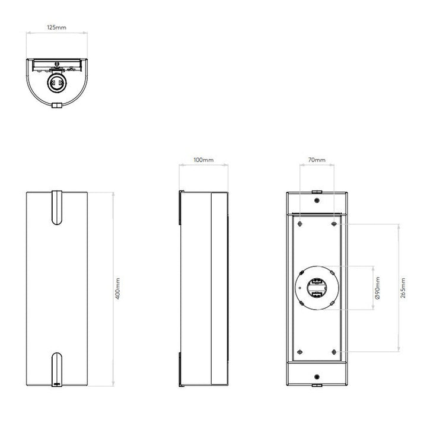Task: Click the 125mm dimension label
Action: (57, 27)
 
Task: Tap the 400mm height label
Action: (117, 288)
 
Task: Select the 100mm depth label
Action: (203, 160)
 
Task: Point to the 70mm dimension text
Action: (317, 160)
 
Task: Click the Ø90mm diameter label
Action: (377, 288)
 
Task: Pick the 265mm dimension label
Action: (403, 288)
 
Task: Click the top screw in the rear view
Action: (317, 201)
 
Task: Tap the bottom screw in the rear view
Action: (317, 377)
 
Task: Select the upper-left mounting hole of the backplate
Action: (300, 224)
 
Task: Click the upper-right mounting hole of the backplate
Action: (334, 224)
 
